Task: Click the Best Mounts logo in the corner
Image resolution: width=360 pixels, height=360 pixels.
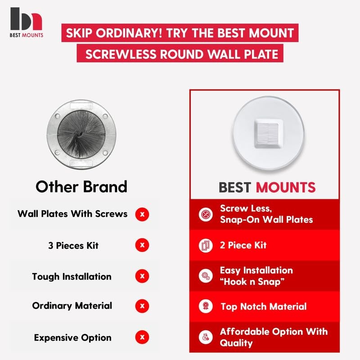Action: pos(26,22)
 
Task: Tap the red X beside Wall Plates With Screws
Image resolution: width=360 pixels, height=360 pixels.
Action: pos(142,214)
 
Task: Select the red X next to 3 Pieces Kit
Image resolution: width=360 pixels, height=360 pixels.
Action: pos(142,245)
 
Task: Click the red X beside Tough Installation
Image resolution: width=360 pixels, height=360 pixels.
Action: pos(142,276)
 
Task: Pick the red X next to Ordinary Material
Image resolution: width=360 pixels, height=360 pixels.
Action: pos(142,306)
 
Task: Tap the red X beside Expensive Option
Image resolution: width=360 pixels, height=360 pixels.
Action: pos(142,337)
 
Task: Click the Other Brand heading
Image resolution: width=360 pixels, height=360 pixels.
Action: pos(81,187)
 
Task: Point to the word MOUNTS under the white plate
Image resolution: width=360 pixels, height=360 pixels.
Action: pos(286,187)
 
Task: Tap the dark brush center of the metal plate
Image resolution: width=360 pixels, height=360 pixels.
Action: pos(81,134)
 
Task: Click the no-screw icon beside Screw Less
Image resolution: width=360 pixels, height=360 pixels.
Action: pos(206,214)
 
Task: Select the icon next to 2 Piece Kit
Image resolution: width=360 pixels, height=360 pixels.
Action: pos(206,245)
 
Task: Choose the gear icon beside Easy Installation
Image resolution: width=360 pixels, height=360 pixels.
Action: pos(206,275)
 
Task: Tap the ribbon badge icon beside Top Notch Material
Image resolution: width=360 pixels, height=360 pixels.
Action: pos(206,306)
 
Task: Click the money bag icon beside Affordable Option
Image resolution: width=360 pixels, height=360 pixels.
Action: pos(206,337)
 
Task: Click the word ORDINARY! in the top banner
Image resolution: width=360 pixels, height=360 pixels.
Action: pos(129,33)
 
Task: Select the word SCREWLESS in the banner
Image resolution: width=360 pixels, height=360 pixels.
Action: pos(121,54)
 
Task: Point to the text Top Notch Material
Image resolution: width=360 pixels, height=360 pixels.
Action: pos(264,306)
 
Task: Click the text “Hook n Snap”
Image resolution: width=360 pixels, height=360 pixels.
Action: pos(252,282)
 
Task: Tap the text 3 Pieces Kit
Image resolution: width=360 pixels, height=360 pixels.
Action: pos(73,245)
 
